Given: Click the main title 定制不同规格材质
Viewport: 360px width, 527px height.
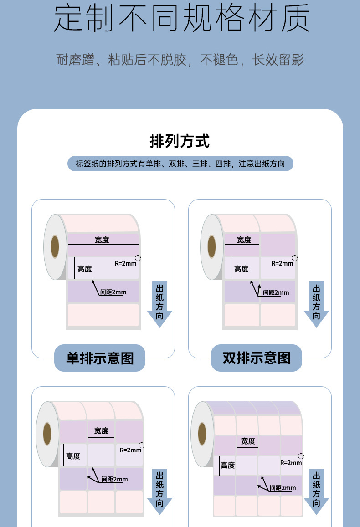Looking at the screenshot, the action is [181, 19].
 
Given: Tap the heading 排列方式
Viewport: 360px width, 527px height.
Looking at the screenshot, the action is [180, 141].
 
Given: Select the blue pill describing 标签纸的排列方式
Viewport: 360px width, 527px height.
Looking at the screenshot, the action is [180, 164].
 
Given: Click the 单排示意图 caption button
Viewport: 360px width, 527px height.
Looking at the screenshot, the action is [100, 358].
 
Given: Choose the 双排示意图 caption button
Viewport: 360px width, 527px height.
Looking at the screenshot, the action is [257, 358].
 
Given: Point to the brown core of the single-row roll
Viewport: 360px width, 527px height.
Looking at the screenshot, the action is [55, 246].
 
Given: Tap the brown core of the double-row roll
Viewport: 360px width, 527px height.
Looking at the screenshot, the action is [211, 246].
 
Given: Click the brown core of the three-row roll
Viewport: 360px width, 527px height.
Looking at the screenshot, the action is [47, 434].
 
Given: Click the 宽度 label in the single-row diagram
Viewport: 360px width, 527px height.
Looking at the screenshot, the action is [102, 240].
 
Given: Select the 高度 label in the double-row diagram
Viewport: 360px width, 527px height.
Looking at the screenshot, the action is [241, 269].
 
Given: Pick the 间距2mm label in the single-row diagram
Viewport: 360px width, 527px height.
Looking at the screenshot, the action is [113, 292].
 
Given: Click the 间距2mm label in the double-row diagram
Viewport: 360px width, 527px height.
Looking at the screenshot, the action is [275, 292].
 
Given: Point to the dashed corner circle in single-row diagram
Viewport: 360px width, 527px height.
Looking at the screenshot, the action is [138, 258].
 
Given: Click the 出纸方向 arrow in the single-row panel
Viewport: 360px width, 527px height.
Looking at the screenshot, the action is [159, 304].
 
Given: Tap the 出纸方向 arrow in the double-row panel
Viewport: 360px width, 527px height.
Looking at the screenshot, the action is [316, 304].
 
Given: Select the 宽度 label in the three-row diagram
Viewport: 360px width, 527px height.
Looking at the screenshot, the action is [101, 430].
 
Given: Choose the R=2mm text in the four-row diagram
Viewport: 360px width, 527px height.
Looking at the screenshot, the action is [291, 463].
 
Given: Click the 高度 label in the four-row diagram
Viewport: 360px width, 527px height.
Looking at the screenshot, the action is [227, 465].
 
